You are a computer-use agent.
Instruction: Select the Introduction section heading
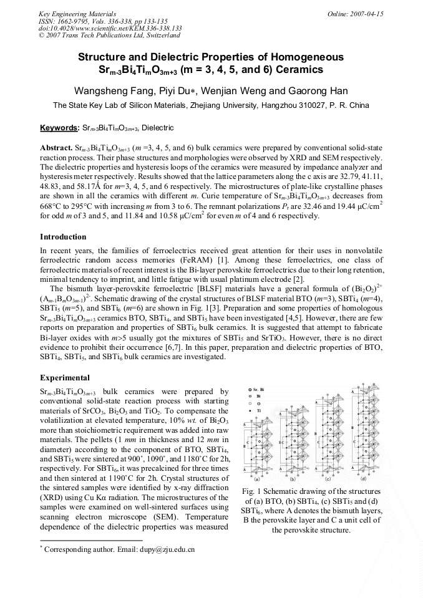63,237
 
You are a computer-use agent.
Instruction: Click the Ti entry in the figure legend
259,412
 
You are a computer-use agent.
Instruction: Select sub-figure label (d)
363,479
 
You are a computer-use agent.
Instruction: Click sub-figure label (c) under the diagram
328,480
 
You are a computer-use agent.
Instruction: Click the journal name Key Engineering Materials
70,13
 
